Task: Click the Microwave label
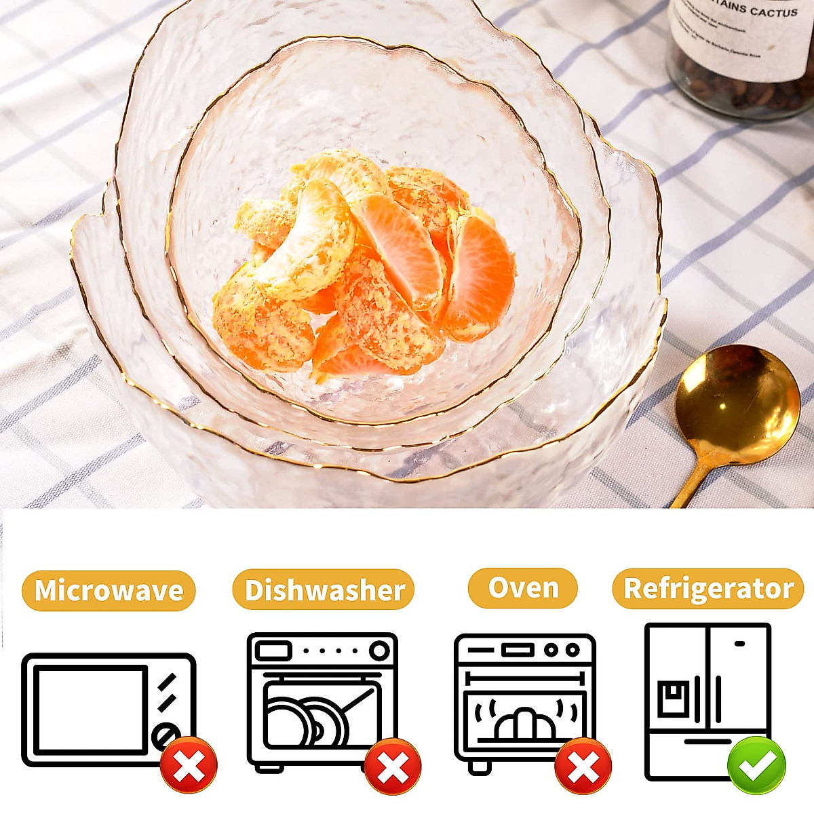point(109,590)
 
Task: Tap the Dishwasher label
point(324,590)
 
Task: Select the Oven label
point(522,588)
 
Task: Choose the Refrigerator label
point(708,589)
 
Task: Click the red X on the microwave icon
point(189,764)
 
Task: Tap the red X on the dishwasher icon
point(393,767)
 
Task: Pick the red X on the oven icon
point(583,767)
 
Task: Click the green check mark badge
point(756,765)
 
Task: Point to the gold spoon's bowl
point(737,403)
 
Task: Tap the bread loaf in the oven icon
point(524,723)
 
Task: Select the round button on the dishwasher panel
point(379,651)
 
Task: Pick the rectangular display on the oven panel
point(518,651)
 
